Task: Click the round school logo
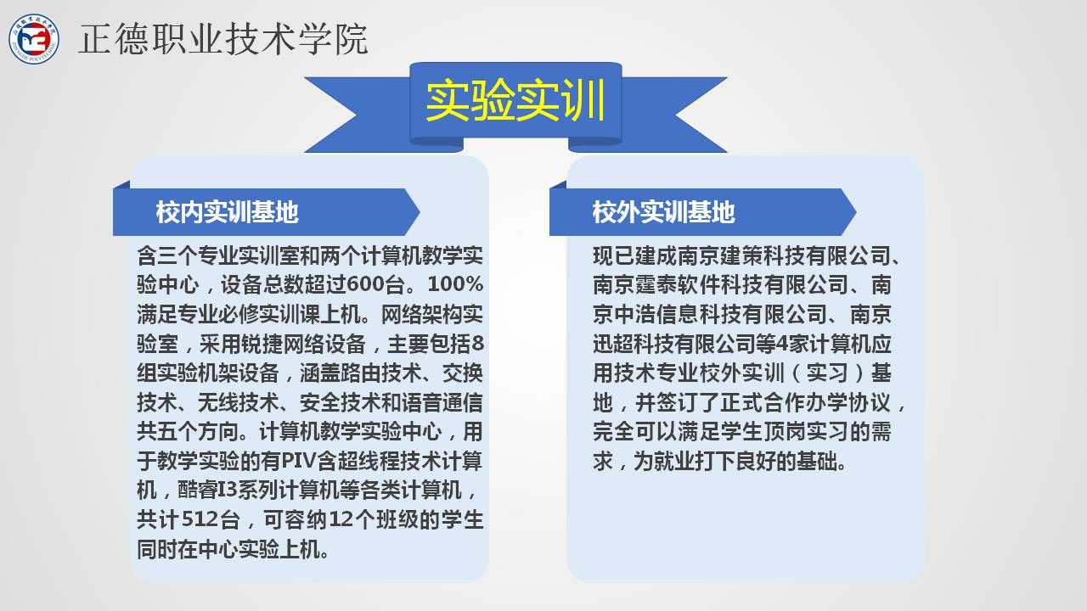(x=33, y=39)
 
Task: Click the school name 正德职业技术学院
(x=223, y=39)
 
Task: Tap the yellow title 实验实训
(x=515, y=100)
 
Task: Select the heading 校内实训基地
(x=227, y=212)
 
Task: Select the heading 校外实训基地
(x=663, y=212)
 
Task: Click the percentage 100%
(x=455, y=284)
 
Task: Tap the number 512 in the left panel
(x=200, y=520)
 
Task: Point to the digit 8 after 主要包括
(x=477, y=344)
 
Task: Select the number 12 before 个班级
(x=341, y=520)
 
